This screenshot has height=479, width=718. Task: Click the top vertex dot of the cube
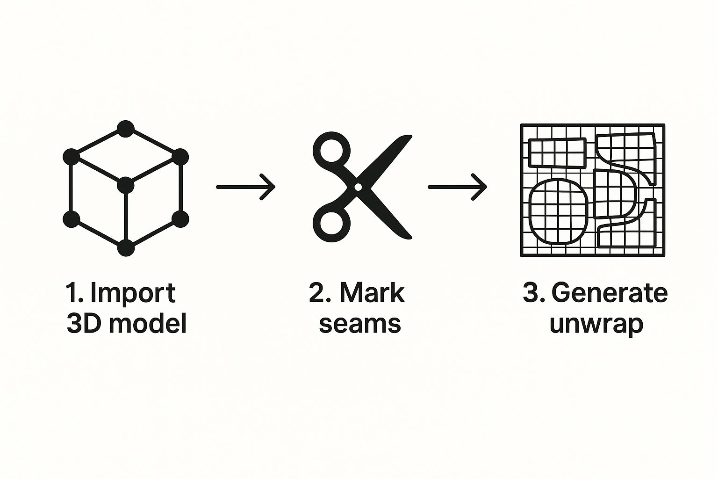tap(125, 129)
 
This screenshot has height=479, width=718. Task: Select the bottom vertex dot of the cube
tap(125, 248)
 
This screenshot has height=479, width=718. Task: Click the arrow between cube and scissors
tap(245, 187)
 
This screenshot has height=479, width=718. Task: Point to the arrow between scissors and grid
tap(457, 187)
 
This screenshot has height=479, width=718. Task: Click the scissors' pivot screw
tap(358, 187)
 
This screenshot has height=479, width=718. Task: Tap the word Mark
tap(372, 293)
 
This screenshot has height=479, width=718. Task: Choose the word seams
tap(359, 324)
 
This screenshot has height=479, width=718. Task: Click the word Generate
tap(610, 293)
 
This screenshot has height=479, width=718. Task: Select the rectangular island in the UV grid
tap(557, 153)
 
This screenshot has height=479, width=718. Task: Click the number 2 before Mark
tap(316, 293)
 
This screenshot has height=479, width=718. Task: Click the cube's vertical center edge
tap(125, 218)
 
